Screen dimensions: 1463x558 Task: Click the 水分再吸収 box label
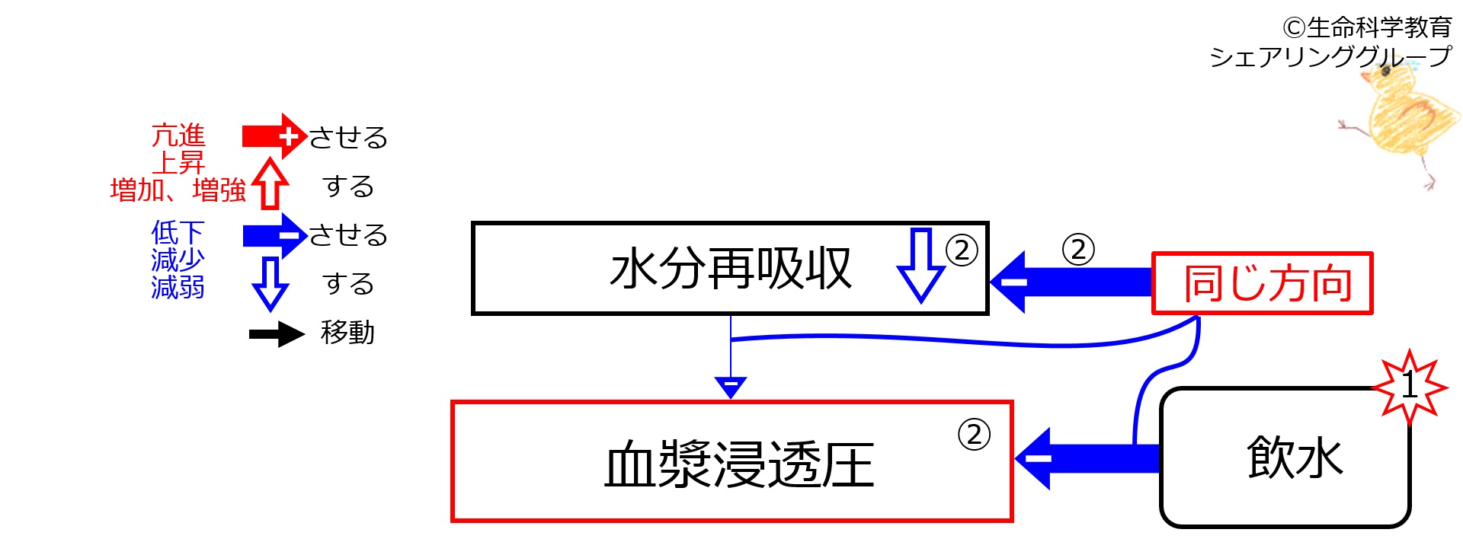730,269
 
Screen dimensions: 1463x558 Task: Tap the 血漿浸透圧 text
738,464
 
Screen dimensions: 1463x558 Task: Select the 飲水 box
1285,457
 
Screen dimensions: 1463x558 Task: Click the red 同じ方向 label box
1262,283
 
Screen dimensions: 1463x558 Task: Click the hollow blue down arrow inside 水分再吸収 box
921,265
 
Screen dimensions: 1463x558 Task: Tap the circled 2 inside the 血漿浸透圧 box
974,435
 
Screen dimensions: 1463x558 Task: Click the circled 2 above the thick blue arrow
1078,249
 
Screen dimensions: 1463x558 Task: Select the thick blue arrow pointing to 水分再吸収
1071,282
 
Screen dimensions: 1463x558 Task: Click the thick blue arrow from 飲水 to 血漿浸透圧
1087,458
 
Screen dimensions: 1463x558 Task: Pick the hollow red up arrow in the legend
271,183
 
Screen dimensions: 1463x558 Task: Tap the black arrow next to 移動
277,334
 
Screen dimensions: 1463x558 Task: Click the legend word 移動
347,333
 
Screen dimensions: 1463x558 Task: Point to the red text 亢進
178,136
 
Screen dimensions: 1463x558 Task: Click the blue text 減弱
178,288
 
